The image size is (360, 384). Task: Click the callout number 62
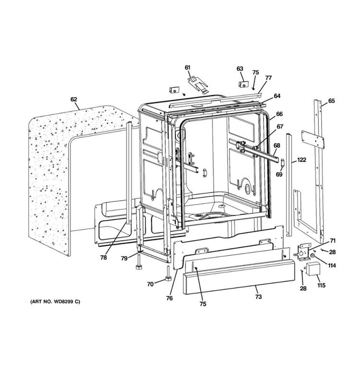pos(73,99)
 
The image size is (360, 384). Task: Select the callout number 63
pos(240,69)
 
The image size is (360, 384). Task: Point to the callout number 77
pos(268,77)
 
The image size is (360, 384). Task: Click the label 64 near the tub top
pos(277,96)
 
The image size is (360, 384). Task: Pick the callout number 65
pos(331,101)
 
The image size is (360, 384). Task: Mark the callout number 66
pos(279,114)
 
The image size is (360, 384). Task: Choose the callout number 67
pos(279,127)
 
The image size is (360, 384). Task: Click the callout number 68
pos(277,145)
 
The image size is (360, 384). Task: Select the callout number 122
pos(301,159)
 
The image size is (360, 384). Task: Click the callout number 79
pos(124,258)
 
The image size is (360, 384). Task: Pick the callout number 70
pos(150,284)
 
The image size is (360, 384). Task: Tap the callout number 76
pos(169,298)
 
